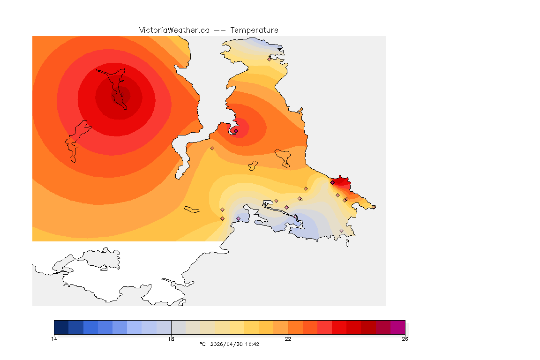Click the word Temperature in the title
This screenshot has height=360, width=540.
pyautogui.click(x=255, y=30)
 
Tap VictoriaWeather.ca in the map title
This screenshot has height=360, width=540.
pyautogui.click(x=174, y=30)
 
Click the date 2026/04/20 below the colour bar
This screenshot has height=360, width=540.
pyautogui.click(x=225, y=344)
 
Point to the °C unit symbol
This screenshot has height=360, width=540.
pyautogui.click(x=202, y=344)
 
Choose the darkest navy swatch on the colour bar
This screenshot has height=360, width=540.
pyautogui.click(x=61, y=327)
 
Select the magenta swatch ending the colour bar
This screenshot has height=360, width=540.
pyautogui.click(x=398, y=327)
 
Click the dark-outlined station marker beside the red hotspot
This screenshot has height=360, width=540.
pyautogui.click(x=332, y=182)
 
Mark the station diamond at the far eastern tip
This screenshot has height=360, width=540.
pyautogui.click(x=374, y=207)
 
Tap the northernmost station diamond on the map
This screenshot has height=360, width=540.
pyautogui.click(x=269, y=59)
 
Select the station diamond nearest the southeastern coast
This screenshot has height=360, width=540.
pyautogui.click(x=341, y=231)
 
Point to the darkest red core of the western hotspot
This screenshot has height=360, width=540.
pyautogui.click(x=120, y=96)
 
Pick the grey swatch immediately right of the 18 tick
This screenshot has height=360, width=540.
pyautogui.click(x=179, y=327)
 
